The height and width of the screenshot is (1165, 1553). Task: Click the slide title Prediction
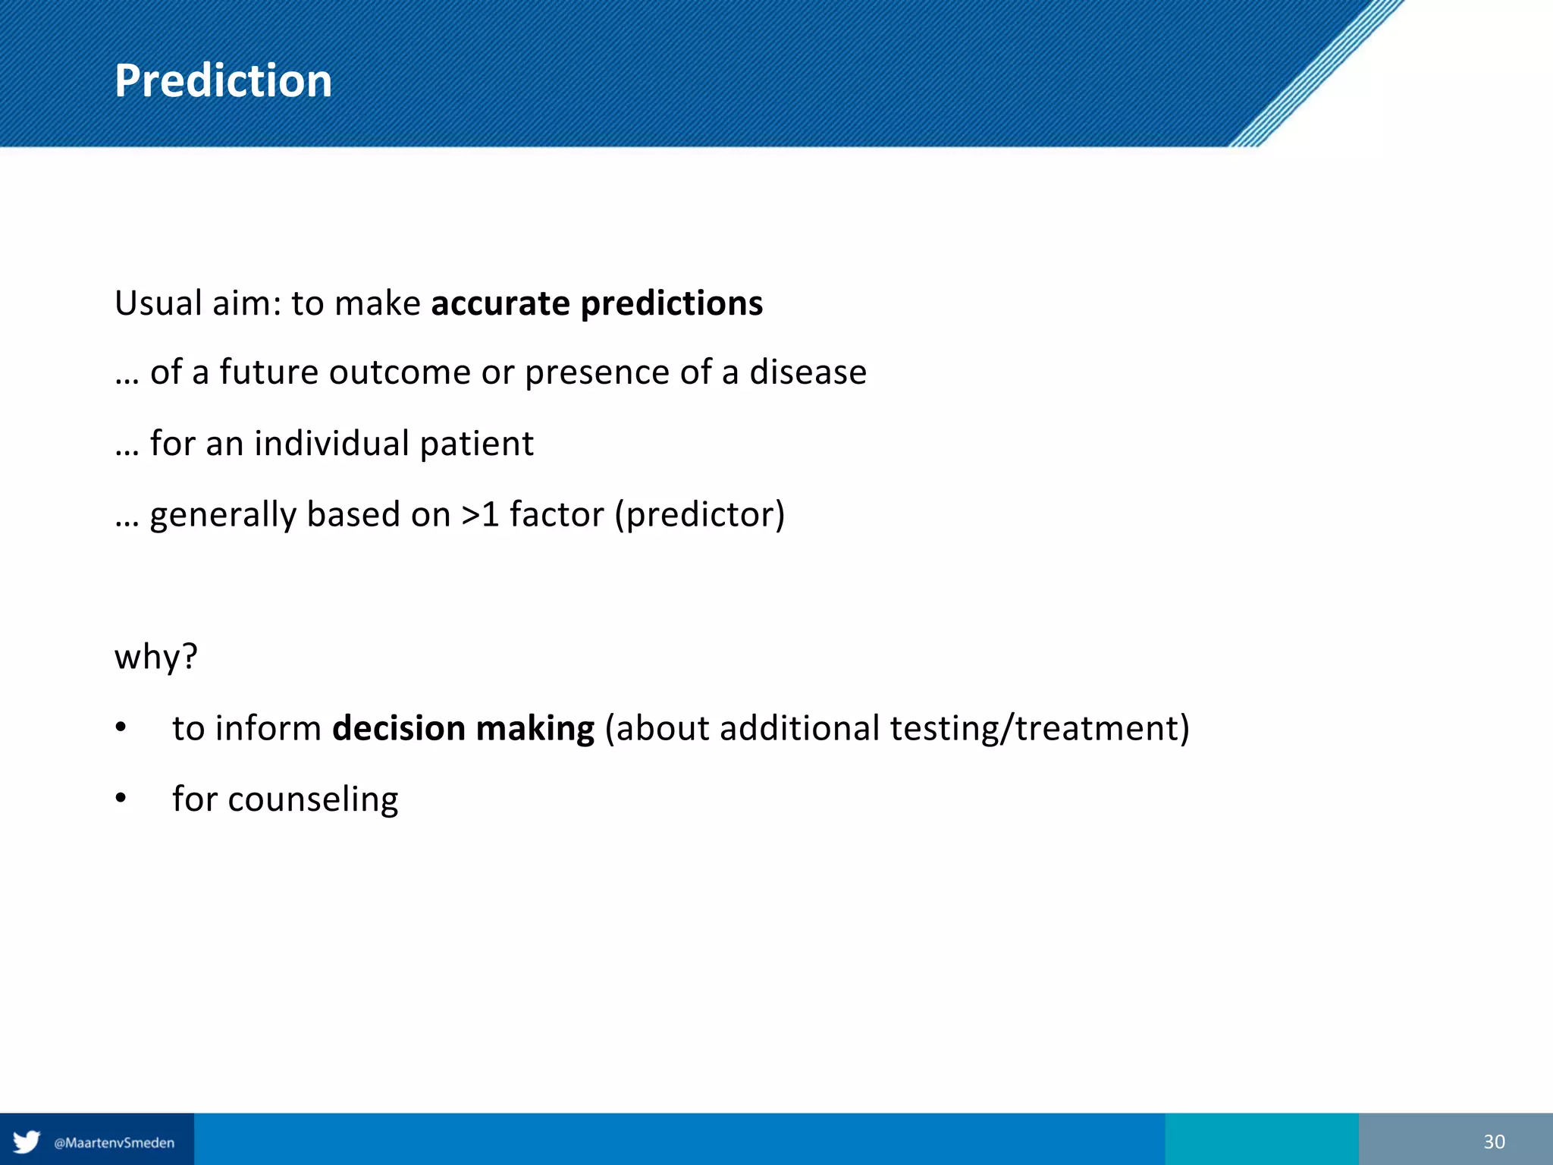tap(223, 80)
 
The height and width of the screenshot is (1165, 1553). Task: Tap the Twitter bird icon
tap(27, 1141)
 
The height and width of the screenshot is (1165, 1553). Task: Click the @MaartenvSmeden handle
tap(114, 1143)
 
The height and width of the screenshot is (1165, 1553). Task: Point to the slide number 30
tap(1493, 1141)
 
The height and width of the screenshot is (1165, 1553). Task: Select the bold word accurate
tap(500, 303)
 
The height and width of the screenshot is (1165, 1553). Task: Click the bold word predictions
tap(671, 303)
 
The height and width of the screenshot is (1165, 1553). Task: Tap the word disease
tap(808, 372)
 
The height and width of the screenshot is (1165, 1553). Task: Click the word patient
tap(476, 444)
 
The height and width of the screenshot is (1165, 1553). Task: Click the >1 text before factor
tap(480, 515)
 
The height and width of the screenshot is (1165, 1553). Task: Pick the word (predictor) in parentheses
tap(699, 515)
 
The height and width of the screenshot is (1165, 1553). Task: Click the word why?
tap(155, 657)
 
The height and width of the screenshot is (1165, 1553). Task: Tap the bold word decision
tap(399, 728)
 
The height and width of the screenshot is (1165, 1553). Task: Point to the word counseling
tap(312, 799)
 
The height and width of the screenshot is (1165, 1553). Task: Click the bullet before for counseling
tap(121, 798)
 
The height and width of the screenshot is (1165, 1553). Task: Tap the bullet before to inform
tap(121, 727)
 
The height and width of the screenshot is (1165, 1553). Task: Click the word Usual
tap(158, 303)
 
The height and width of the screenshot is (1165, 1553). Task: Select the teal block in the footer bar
tap(1261, 1138)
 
